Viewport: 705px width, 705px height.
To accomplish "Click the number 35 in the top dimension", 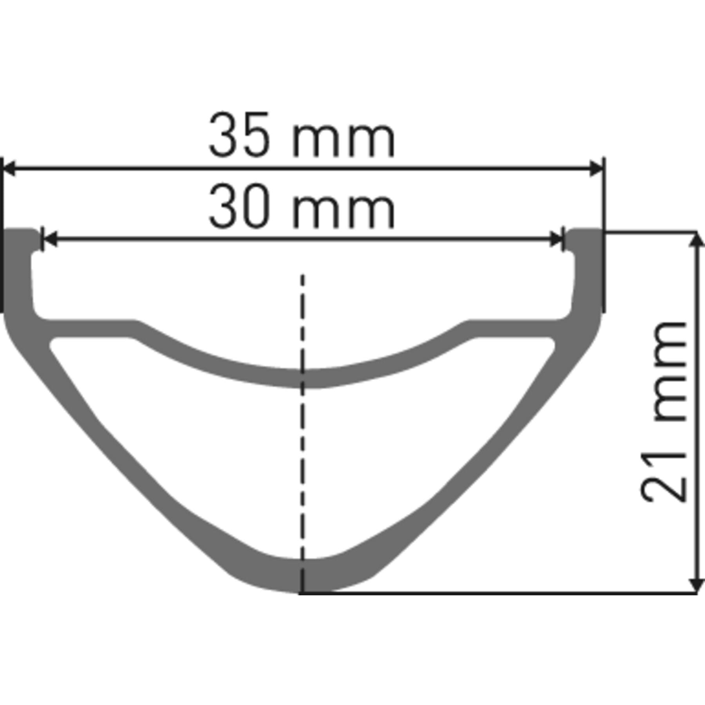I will point(239,136).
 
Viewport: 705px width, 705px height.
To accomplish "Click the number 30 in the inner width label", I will point(239,206).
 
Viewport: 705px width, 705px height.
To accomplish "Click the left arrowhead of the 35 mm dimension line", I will point(9,168).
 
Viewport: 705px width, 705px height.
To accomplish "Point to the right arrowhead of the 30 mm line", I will point(556,239).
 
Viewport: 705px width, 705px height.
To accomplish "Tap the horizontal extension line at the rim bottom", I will point(509,593).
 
